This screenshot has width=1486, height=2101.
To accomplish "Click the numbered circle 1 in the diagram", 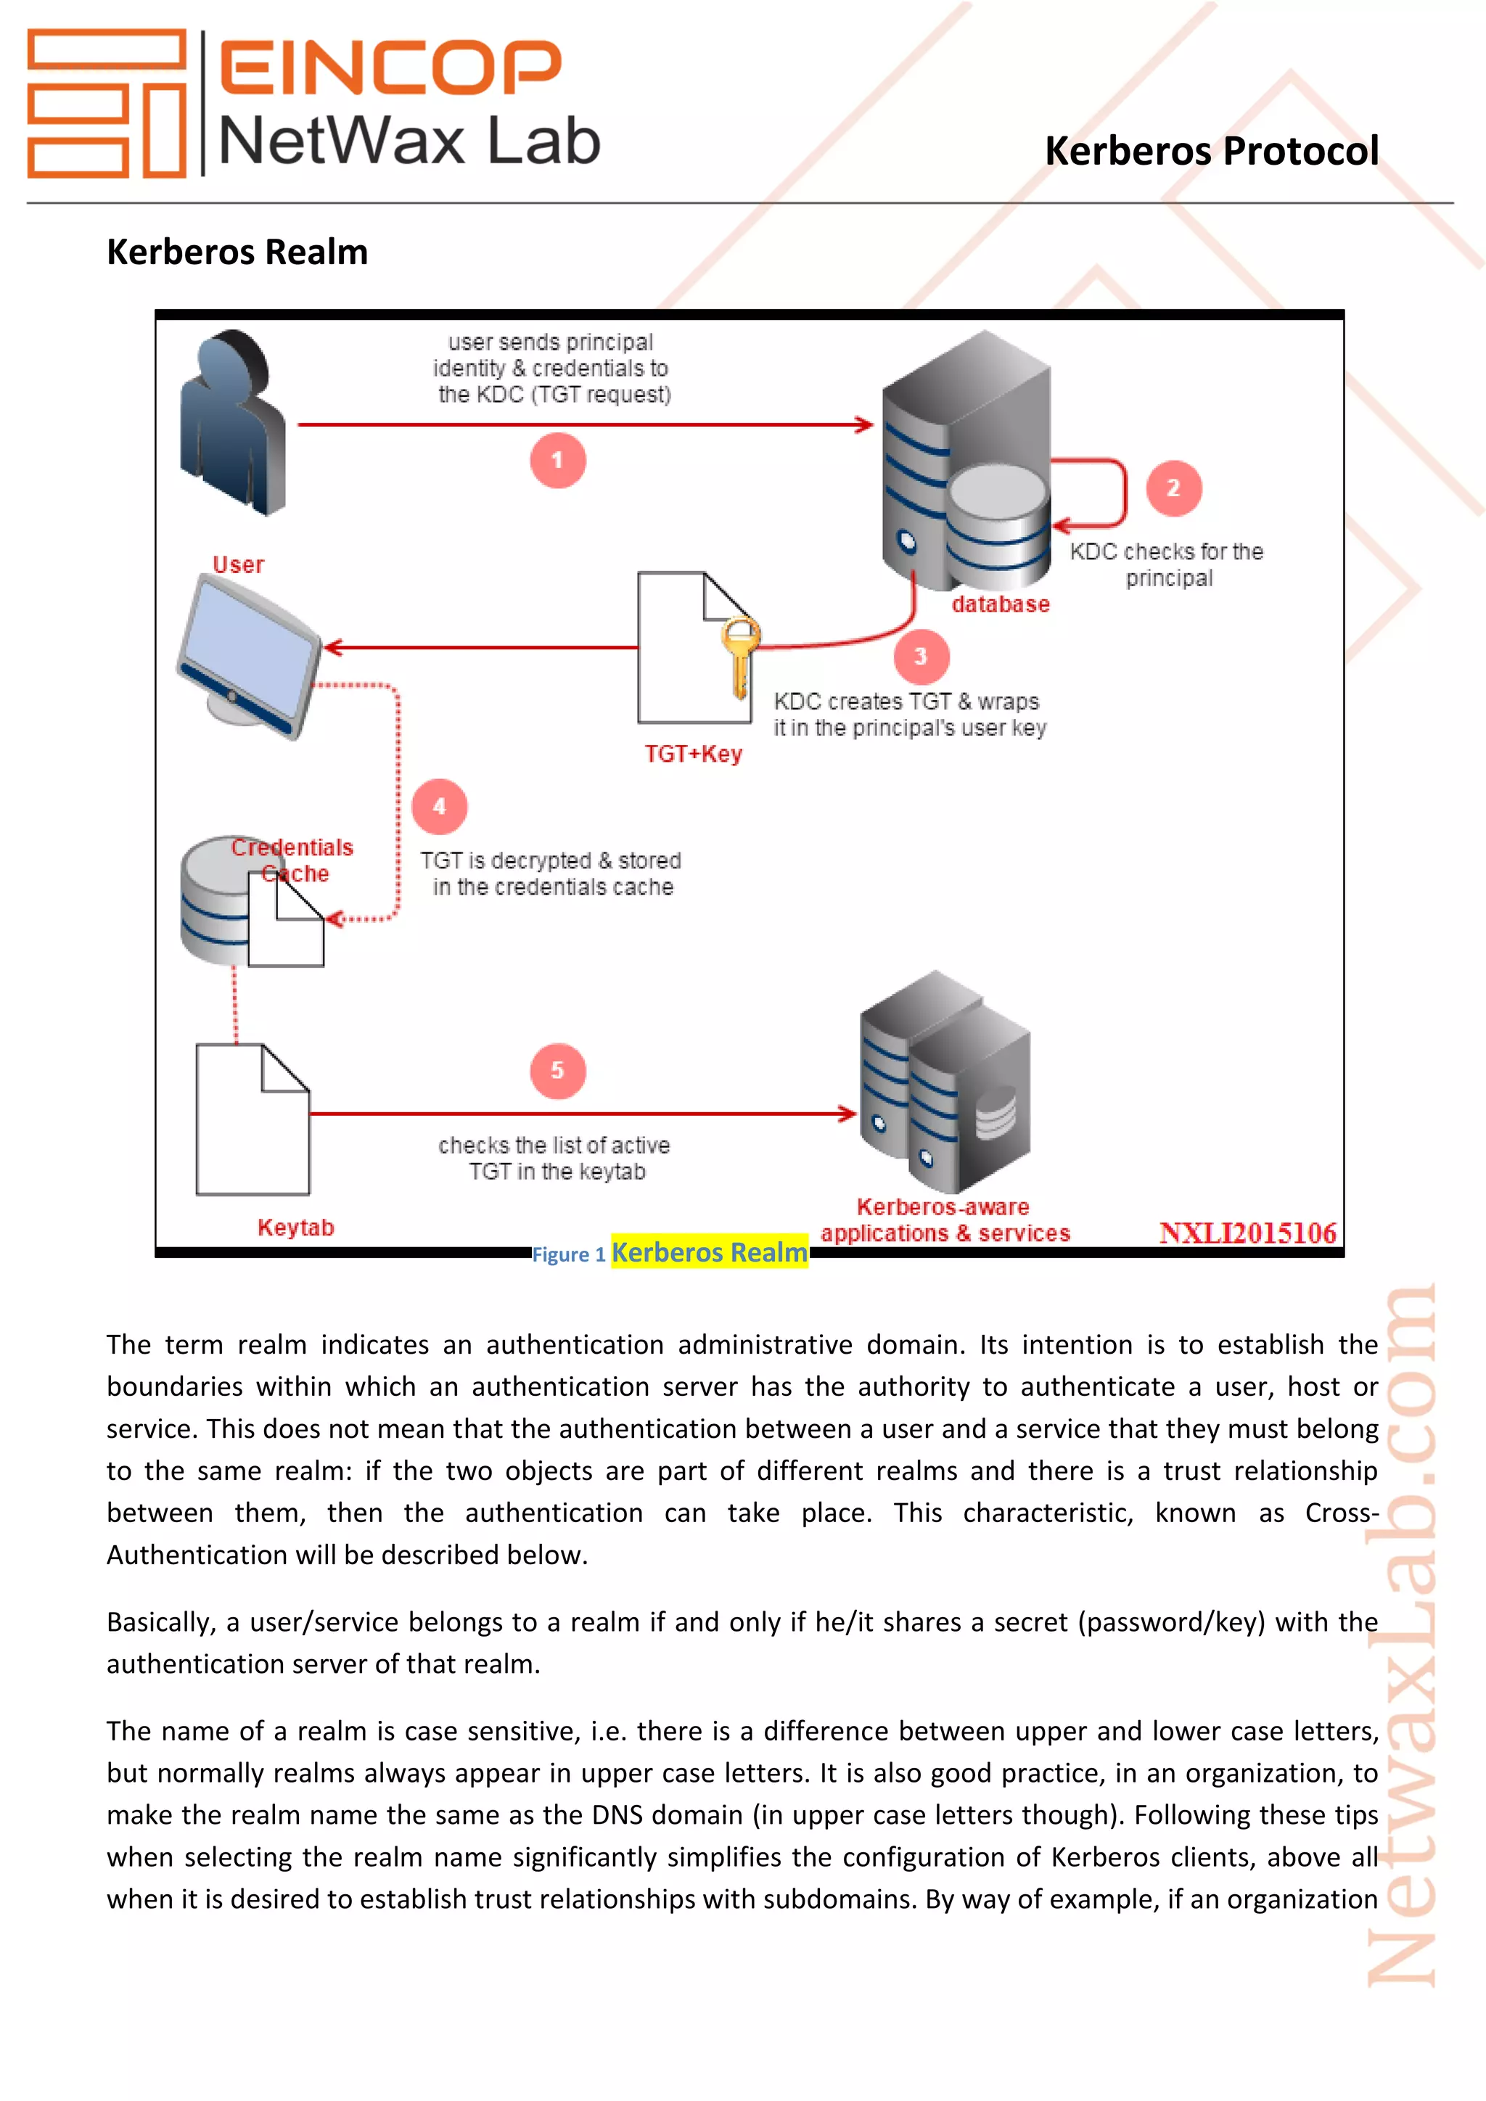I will [x=557, y=460].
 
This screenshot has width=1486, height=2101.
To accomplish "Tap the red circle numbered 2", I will [x=1173, y=488].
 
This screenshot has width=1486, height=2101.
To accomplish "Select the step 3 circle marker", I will [x=921, y=656].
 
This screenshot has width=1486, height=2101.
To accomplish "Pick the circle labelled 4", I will [x=439, y=806].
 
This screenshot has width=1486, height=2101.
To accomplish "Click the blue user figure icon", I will [x=232, y=423].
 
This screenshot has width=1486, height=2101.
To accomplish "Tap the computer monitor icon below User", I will [x=250, y=656].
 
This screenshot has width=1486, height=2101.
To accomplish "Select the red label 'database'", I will [x=1000, y=604].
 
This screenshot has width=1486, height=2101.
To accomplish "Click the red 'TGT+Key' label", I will [x=693, y=754].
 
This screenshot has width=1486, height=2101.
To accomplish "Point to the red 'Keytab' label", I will [x=295, y=1227].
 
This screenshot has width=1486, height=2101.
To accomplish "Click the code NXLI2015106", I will [x=1247, y=1233].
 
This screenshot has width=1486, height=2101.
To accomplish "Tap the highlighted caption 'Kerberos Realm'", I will [x=709, y=1251].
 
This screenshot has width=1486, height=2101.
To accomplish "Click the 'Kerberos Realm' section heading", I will [x=237, y=252].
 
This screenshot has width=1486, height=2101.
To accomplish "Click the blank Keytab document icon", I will [x=252, y=1120].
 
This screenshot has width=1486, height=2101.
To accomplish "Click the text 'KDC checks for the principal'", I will [x=1167, y=564].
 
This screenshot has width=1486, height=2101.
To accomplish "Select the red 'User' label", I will [x=238, y=564].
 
